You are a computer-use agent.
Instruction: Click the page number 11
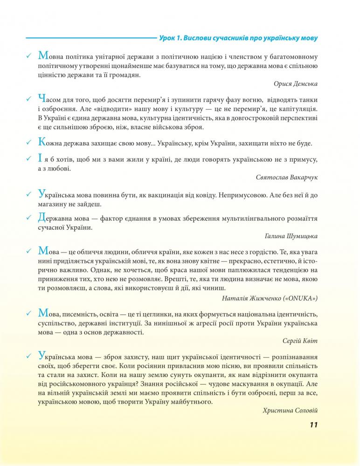coord(313,425)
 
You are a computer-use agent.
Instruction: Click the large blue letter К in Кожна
coord(41,142)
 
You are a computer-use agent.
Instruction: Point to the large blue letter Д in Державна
coord(41,217)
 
